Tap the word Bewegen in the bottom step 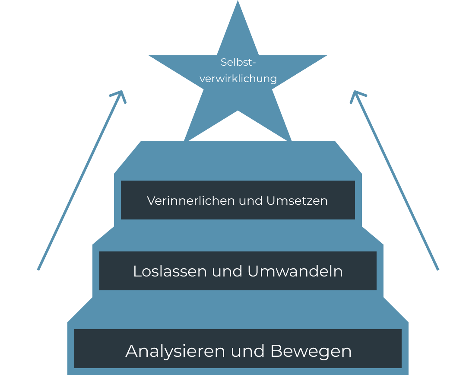click(x=311, y=351)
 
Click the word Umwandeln click(x=295, y=271)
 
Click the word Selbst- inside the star click(x=238, y=62)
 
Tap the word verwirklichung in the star click(x=238, y=79)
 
